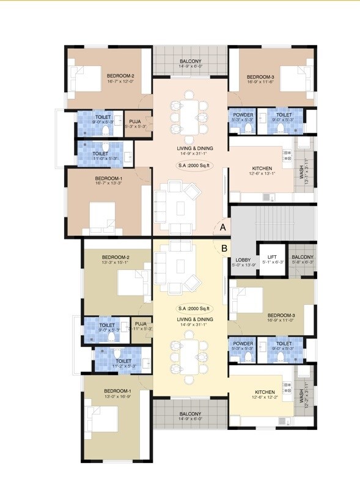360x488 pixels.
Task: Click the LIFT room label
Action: pyautogui.click(x=273, y=258)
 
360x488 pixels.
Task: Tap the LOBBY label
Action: pyautogui.click(x=243, y=260)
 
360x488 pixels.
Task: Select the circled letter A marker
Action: pyautogui.click(x=223, y=227)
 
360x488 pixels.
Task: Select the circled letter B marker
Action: pyautogui.click(x=224, y=248)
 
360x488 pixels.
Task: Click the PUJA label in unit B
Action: pyautogui.click(x=141, y=324)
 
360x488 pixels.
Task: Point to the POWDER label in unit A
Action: pyautogui.click(x=243, y=114)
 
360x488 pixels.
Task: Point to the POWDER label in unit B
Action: pyautogui.click(x=243, y=344)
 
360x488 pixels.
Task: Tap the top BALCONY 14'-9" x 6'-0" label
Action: pyautogui.click(x=190, y=62)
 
